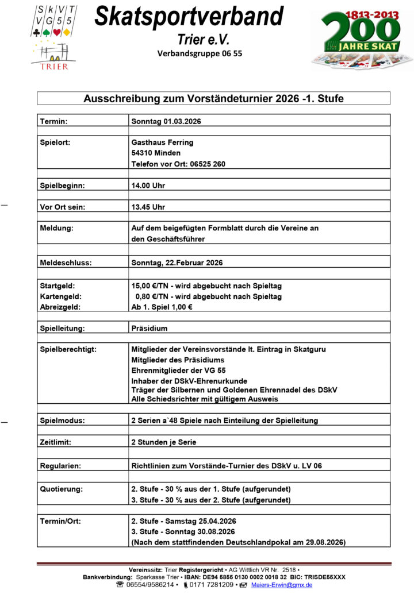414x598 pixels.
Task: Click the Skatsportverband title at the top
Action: pos(189,17)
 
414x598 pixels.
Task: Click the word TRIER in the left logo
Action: pos(55,66)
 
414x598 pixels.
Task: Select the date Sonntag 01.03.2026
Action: pos(166,121)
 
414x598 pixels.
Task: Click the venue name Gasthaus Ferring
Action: pos(163,142)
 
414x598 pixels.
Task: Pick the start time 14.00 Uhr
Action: pos(148,186)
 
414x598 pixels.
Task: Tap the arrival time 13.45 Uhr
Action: pos(148,207)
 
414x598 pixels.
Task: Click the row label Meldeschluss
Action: pos(66,263)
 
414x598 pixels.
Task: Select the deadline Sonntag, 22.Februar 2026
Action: pos(177,263)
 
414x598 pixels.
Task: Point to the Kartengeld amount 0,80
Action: pos(145,296)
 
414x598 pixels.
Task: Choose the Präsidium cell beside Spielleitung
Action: pos(149,329)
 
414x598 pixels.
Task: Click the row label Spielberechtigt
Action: pos(68,349)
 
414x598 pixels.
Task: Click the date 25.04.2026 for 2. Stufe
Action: pos(216,521)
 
